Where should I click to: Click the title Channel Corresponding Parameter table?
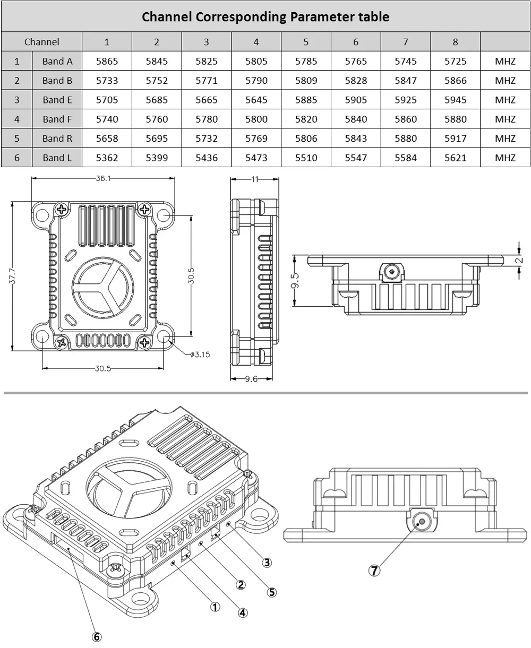point(265,16)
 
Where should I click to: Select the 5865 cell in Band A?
point(107,61)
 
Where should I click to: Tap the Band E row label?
point(57,100)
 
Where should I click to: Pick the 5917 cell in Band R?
point(456,139)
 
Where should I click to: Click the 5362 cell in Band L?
point(107,158)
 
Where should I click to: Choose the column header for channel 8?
point(456,42)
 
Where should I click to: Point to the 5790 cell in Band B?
point(256,81)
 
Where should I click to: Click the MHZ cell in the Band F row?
point(505,119)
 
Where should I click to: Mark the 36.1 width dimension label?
point(104,178)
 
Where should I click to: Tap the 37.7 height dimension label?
point(13,275)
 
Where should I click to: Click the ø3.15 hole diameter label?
point(200,355)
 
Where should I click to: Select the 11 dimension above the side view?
point(255,179)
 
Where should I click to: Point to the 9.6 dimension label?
point(251,379)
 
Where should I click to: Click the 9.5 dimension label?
point(295,281)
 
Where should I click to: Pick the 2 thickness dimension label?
point(519,260)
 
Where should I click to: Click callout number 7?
point(374,571)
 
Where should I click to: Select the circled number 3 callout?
point(267,563)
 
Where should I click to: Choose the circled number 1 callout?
point(215,607)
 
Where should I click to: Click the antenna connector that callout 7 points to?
point(422,521)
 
